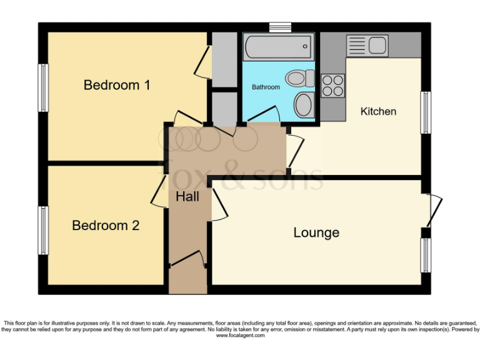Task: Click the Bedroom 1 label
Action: click(117, 85)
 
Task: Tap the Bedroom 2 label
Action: click(106, 226)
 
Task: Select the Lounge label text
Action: click(316, 233)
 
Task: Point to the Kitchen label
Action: click(378, 111)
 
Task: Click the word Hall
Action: click(187, 197)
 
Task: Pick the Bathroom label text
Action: click(266, 87)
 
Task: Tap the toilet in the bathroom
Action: click(301, 79)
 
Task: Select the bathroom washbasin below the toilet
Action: click(304, 104)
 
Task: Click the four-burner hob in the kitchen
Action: click(332, 86)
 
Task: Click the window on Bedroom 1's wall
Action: click(44, 87)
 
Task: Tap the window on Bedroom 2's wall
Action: click(44, 231)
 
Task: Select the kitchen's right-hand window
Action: click(426, 112)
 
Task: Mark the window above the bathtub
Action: click(280, 27)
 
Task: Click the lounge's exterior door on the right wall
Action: click(434, 211)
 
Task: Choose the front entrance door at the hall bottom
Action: click(187, 259)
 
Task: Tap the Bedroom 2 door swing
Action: click(157, 194)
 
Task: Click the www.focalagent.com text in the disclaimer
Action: click(240, 336)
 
